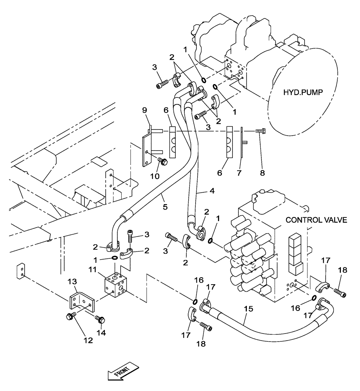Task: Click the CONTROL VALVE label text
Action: pos(316,220)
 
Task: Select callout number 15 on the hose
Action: pos(248,308)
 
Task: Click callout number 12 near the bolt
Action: pos(88,340)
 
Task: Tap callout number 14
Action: pos(104,335)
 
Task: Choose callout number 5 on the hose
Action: pos(165,206)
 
